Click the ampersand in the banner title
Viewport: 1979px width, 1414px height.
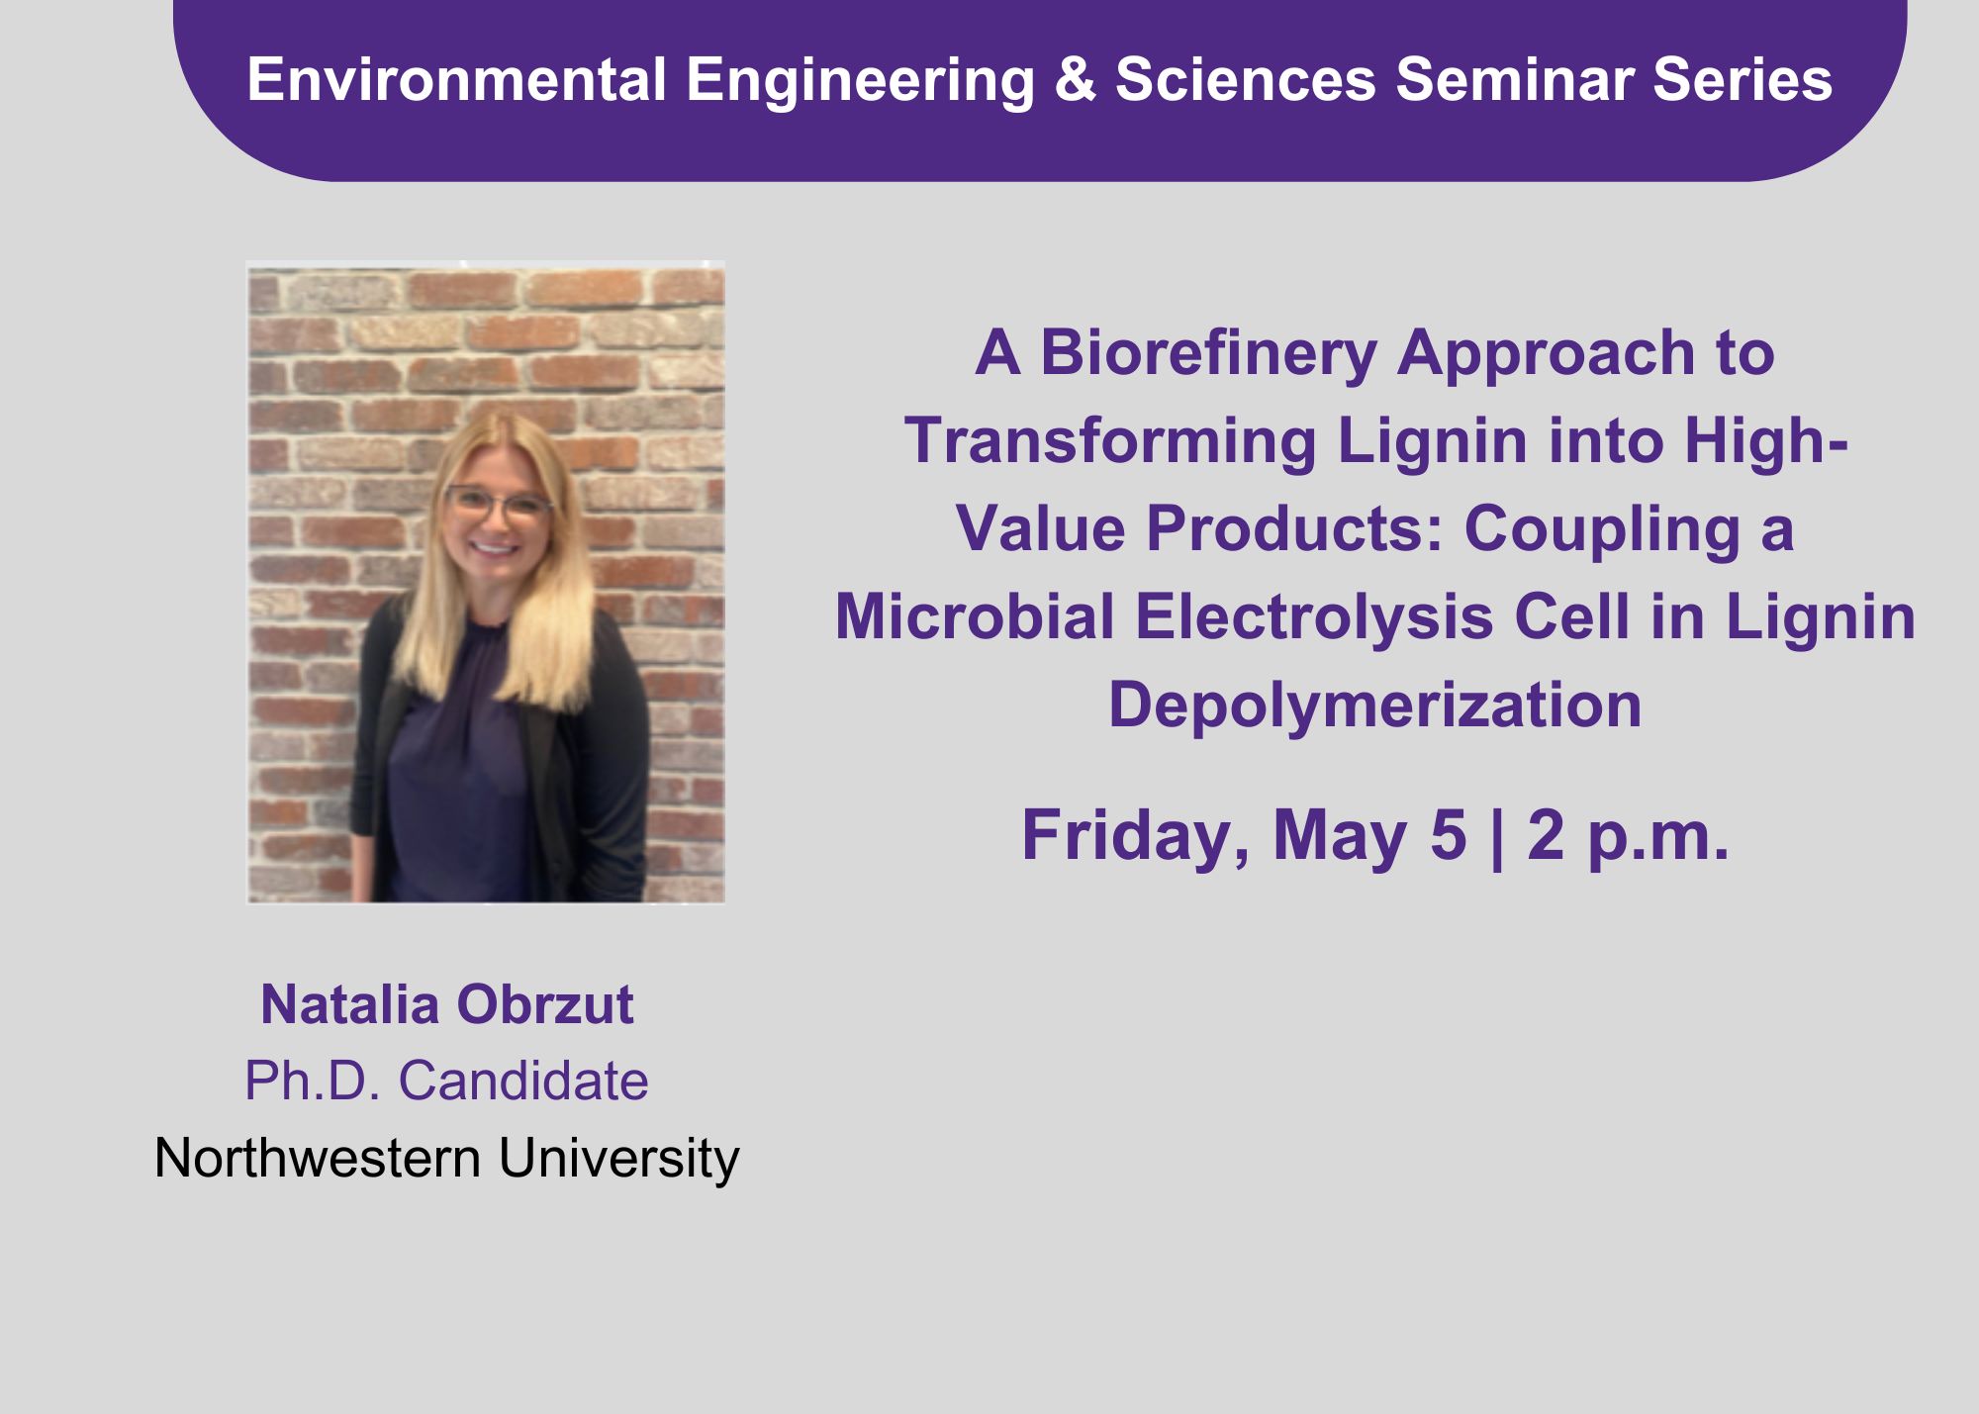pos(1076,79)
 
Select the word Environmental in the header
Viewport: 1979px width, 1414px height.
pos(456,79)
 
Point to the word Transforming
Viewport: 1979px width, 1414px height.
pos(1110,440)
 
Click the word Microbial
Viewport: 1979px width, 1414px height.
pos(976,616)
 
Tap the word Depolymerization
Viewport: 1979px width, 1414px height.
pos(1375,705)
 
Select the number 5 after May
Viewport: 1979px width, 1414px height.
pos(1449,835)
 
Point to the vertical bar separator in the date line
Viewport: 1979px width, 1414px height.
pos(1497,837)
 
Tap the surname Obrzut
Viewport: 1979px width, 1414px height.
pos(545,1005)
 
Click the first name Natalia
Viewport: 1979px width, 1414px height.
pos(350,1005)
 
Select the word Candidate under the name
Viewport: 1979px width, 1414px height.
pos(523,1081)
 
